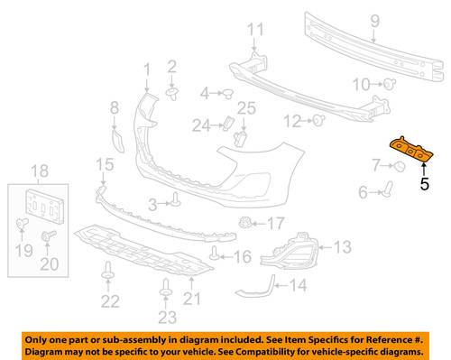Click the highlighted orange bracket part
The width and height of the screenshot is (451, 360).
click(x=411, y=150)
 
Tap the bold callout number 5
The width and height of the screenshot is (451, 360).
click(x=424, y=184)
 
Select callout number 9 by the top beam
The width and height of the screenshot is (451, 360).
click(x=374, y=21)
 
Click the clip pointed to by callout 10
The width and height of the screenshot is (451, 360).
click(x=390, y=84)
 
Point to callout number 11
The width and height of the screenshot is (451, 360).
click(x=255, y=30)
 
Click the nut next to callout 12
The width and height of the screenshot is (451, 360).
click(x=318, y=120)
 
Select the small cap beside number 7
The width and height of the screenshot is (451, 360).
click(x=400, y=166)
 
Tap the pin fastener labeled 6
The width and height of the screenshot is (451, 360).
click(x=388, y=189)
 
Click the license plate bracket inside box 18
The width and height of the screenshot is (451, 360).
click(x=45, y=206)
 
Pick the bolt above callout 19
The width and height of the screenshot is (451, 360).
click(x=22, y=224)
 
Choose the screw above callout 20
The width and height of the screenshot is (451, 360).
click(x=48, y=235)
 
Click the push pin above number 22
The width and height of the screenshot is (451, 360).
click(x=108, y=270)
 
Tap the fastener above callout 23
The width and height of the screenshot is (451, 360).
click(x=165, y=288)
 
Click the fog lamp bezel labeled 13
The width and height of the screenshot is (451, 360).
click(x=288, y=251)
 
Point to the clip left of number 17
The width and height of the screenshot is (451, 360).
click(x=244, y=223)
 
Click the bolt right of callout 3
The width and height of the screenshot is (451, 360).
click(x=176, y=199)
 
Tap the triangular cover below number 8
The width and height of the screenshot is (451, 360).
click(x=118, y=140)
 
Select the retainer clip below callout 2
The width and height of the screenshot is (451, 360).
click(x=172, y=93)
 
